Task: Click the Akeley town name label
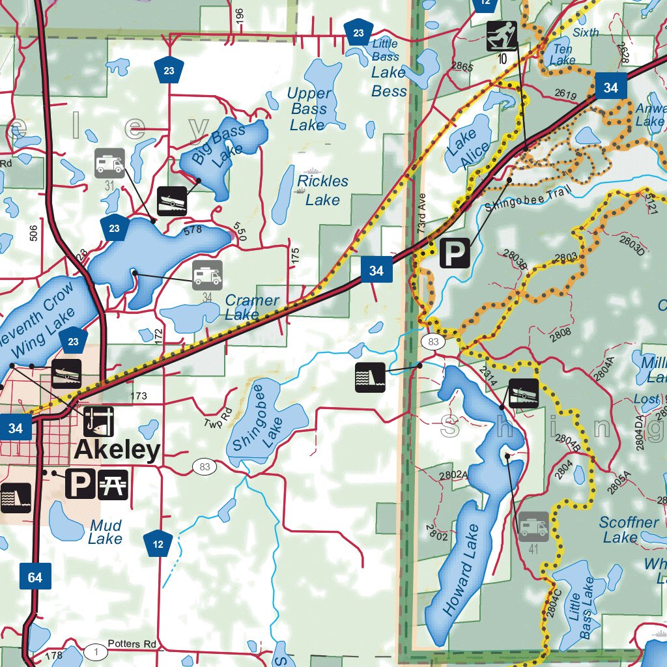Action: (117, 450)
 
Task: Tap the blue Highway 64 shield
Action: (35, 578)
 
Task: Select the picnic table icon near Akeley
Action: (113, 484)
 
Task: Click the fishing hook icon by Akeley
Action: (98, 421)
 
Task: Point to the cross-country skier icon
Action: (502, 36)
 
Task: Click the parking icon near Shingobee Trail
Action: (455, 253)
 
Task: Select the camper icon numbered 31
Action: (109, 163)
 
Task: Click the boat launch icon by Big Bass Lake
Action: (173, 201)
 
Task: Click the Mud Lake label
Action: (106, 532)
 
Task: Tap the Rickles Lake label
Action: (322, 190)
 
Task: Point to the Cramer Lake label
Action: (251, 307)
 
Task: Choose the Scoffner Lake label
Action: (628, 530)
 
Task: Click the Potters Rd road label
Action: (133, 644)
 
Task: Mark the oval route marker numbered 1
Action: (96, 651)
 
